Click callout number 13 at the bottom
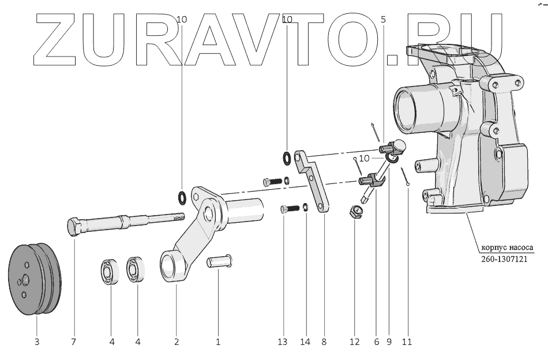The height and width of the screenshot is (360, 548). point(282,342)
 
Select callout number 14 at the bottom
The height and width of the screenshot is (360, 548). point(305,342)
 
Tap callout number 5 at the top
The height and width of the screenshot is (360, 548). point(384,20)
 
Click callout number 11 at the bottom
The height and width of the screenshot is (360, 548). point(407,342)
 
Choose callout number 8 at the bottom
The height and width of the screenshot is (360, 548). point(324,342)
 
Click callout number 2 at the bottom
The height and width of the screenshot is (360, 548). point(177,342)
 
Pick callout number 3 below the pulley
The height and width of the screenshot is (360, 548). point(37,342)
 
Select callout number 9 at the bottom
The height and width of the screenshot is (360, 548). point(389,342)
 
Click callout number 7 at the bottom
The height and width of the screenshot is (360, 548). point(73,342)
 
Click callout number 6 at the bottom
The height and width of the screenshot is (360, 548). point(377,342)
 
